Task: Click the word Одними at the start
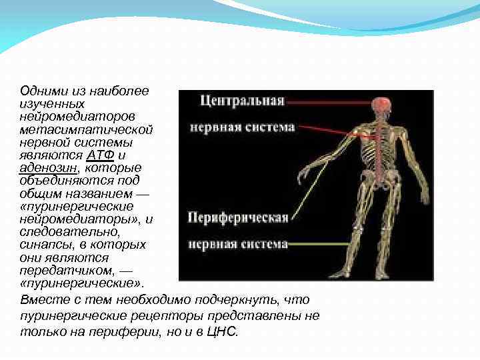40,91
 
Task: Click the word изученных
52,103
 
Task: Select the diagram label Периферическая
238,217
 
